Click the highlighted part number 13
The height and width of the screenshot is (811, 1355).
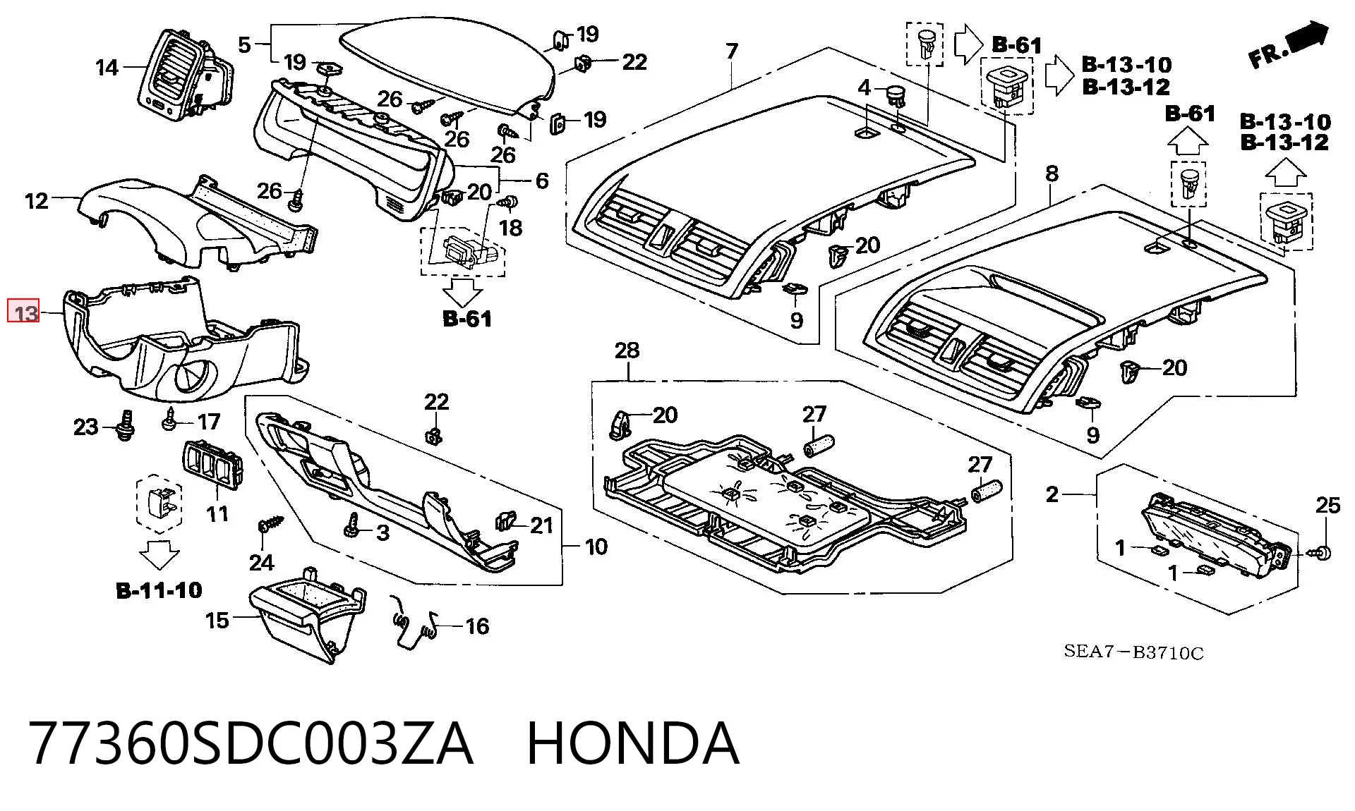24,311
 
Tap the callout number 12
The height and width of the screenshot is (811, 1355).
37,201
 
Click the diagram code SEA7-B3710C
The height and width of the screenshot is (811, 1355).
1133,652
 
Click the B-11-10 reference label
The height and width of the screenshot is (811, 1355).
159,590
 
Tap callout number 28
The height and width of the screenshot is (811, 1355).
627,350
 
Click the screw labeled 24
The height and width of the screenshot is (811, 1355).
270,525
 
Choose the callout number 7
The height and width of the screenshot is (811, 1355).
732,51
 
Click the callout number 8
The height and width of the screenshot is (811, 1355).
1052,173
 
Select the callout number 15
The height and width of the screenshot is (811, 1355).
217,621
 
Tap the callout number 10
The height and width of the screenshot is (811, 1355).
596,547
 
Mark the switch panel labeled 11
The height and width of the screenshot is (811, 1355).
213,465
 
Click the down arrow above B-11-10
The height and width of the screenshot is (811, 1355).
159,554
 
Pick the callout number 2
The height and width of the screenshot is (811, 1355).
1052,495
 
